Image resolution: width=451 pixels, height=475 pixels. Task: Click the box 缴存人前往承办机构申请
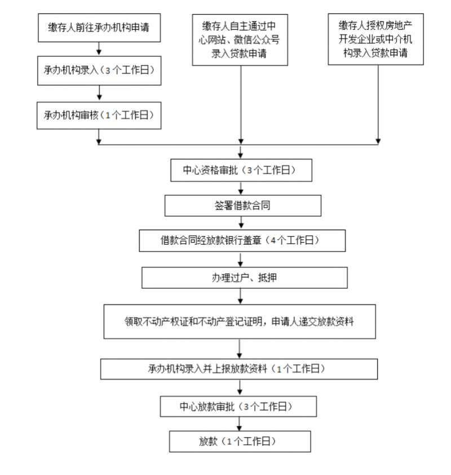click(99, 28)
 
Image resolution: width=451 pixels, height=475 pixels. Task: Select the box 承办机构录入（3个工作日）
click(99, 70)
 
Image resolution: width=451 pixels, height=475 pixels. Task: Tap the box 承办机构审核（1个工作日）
click(99, 115)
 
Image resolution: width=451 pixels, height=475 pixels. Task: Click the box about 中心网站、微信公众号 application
click(240, 40)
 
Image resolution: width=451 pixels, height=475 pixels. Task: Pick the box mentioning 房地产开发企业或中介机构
click(375, 39)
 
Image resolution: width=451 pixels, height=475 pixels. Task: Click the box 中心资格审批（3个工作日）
click(241, 170)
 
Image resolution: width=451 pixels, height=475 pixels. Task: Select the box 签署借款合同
click(243, 205)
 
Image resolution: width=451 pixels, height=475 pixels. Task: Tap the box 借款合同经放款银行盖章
click(242, 240)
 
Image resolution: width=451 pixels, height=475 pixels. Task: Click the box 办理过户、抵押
click(244, 277)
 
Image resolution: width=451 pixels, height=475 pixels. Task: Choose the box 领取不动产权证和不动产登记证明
click(240, 321)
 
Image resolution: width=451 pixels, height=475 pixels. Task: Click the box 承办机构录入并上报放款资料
click(239, 369)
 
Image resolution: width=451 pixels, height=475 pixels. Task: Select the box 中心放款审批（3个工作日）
click(238, 406)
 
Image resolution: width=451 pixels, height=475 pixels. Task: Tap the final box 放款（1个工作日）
click(240, 441)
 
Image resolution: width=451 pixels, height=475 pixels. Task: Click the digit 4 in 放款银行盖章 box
click(273, 240)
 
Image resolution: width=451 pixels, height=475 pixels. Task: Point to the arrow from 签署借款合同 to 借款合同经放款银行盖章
click(241, 223)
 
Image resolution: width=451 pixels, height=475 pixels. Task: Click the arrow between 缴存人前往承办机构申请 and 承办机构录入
click(99, 49)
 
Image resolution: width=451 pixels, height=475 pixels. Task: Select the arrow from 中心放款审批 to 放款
click(239, 424)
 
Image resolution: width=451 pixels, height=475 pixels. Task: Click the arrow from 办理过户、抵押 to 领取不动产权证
click(240, 296)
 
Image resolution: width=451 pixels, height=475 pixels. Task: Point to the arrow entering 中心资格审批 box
click(240, 152)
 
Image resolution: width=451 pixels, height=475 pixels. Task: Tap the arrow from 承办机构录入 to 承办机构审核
click(99, 93)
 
